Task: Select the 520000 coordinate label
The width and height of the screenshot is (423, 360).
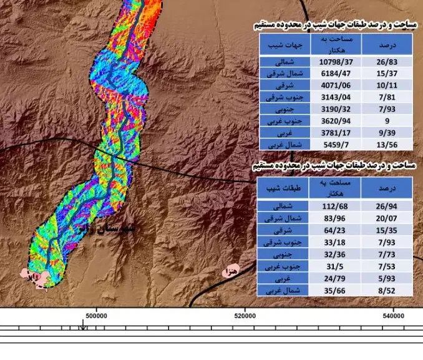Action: pyautogui.click(x=245, y=316)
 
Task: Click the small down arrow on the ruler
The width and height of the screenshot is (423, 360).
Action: pyautogui.click(x=83, y=326)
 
